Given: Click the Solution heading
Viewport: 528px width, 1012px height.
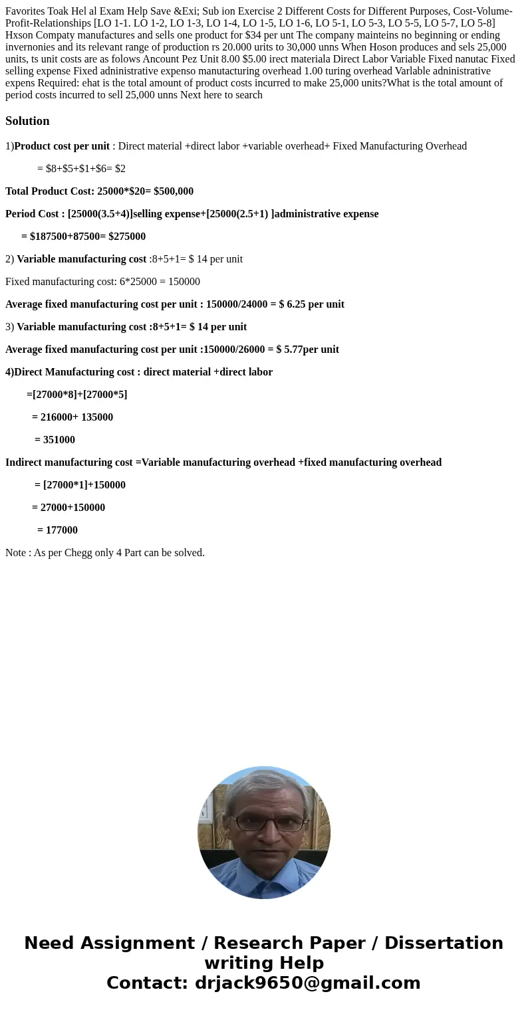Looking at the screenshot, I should (x=27, y=121).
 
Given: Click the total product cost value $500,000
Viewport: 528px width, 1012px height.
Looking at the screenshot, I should (x=174, y=191).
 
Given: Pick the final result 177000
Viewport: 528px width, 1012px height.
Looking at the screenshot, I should (x=57, y=530).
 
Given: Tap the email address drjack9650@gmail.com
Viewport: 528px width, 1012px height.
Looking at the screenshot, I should (x=307, y=983).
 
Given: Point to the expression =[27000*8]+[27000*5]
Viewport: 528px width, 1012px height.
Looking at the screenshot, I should (x=76, y=395).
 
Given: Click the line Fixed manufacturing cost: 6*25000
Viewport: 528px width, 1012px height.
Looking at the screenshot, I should (x=102, y=282).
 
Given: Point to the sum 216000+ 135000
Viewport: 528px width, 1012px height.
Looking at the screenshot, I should (x=72, y=417).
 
